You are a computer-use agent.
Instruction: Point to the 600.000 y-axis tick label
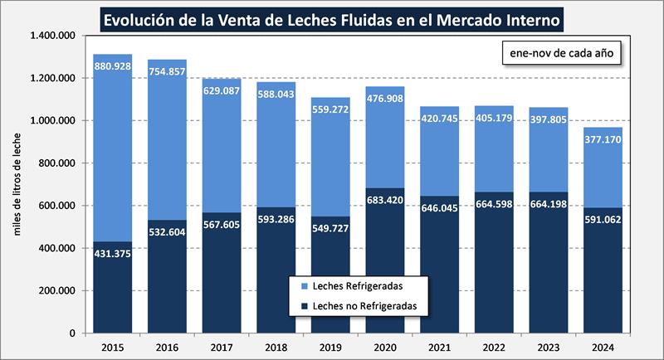(56, 206)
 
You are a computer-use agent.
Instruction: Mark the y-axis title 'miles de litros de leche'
(17, 184)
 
